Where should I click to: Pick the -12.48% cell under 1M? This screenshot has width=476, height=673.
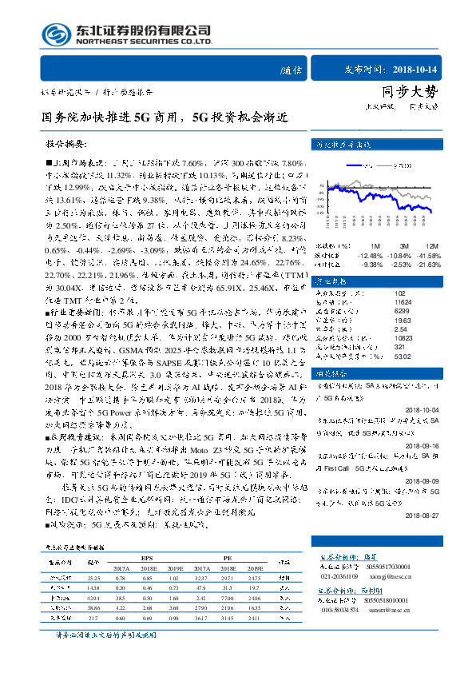371,253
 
